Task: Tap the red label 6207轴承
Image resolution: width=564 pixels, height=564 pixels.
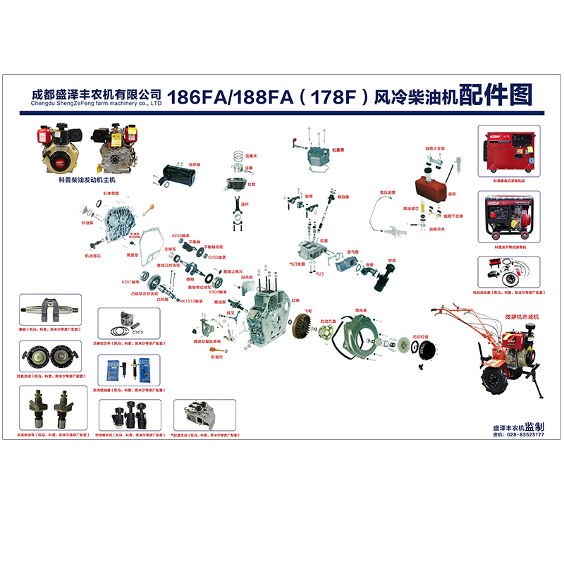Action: click(131, 282)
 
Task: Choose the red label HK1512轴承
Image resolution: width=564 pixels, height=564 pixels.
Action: click(191, 301)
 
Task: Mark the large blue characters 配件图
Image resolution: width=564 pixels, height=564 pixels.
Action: click(496, 94)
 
